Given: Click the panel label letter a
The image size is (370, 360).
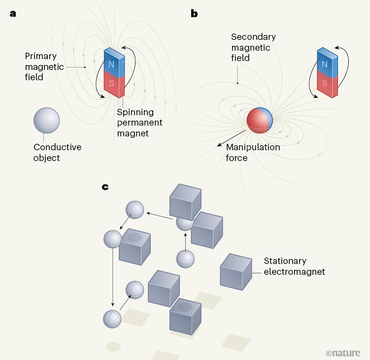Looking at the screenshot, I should tap(13, 14).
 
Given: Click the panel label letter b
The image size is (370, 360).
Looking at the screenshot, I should tap(194, 14).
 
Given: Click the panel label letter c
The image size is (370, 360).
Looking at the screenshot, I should tap(105, 187).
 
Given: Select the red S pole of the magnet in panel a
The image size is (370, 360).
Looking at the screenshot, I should tap(112, 84).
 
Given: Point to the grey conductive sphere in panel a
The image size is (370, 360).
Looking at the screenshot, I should tap(47, 120).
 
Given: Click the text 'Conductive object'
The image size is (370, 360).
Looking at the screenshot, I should tap(57, 153).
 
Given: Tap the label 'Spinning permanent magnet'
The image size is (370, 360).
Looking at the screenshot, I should tap(139, 123).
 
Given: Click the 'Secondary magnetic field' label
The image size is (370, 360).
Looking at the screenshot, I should tap(253, 48).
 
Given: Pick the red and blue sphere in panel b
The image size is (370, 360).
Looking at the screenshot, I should tap(259, 120).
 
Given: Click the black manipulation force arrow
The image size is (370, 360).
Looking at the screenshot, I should tap(231, 138).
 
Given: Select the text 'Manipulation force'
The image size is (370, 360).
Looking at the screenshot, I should tap(253, 153).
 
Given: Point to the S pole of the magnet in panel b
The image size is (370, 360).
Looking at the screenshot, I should tap(325, 84).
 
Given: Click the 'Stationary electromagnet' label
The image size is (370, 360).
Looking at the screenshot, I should tap(294, 266).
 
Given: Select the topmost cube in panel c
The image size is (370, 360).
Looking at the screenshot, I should tap(185, 200).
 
